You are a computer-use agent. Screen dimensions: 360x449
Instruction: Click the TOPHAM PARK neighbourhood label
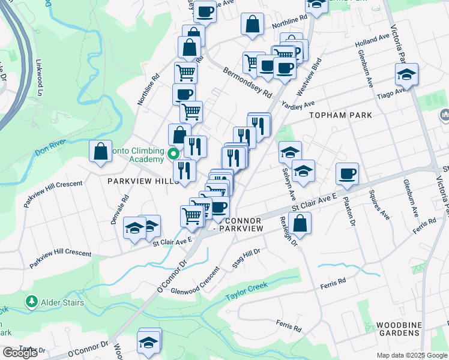coord(340,115)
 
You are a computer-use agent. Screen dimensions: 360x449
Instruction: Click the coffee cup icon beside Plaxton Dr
coord(347,174)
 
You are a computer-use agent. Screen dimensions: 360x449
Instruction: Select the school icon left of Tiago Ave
coord(406,75)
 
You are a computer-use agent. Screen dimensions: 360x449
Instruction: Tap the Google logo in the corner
coord(20,353)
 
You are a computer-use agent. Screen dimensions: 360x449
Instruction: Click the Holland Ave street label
coord(372,40)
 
